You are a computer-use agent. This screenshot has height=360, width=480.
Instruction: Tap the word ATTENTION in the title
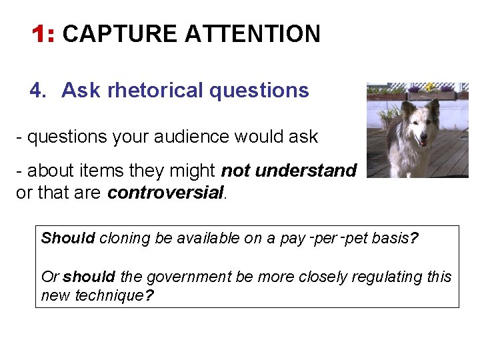pos(253,33)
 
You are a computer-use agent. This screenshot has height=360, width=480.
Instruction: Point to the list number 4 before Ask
pos(37,90)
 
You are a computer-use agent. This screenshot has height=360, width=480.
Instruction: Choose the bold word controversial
pos(165,193)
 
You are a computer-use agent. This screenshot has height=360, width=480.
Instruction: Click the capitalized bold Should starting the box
pos(68,239)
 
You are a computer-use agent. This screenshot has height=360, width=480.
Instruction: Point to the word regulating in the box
pos(379,277)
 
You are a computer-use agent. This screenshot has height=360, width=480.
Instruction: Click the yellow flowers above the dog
pos(431,87)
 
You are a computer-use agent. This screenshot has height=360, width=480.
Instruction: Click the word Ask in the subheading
pos(79,90)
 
